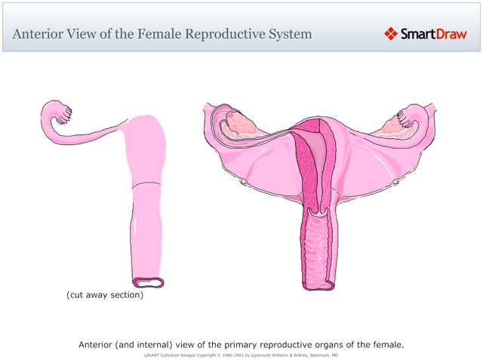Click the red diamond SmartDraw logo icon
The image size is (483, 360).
[390, 33]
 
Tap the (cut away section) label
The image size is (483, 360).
[105, 295]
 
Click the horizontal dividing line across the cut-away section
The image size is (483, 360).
[146, 184]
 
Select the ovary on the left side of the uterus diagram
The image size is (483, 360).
[241, 120]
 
